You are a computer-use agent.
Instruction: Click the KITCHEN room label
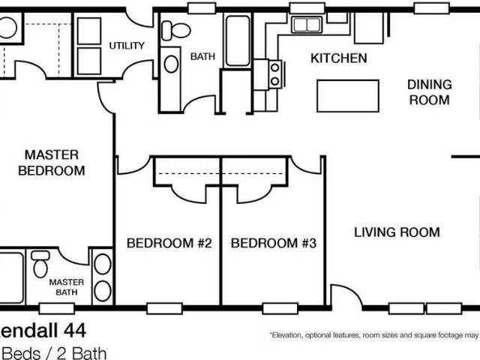[338, 58]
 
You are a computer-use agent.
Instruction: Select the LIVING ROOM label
[397, 232]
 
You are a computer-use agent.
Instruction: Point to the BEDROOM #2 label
[169, 243]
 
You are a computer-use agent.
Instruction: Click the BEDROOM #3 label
[274, 243]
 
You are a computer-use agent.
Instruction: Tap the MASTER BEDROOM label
[52, 162]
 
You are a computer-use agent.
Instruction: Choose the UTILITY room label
[127, 45]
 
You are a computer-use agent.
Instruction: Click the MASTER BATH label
[66, 287]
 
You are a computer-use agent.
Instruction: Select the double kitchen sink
[307, 25]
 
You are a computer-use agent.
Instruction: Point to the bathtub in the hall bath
[238, 40]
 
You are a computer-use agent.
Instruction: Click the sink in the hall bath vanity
[172, 64]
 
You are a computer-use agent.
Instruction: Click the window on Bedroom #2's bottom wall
[164, 307]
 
